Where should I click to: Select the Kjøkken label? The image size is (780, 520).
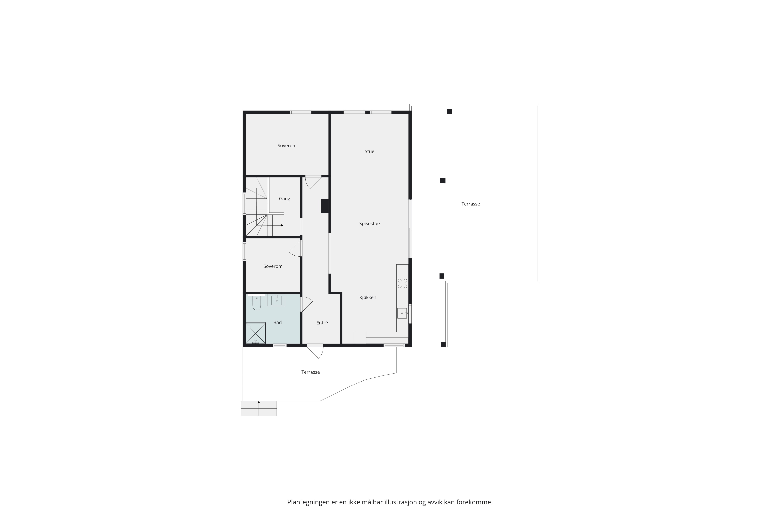click(368, 298)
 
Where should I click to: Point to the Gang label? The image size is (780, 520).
click(285, 199)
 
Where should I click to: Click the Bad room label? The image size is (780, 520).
click(277, 322)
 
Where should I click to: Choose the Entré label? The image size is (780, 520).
click(322, 323)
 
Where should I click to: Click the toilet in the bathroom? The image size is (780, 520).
click(257, 303)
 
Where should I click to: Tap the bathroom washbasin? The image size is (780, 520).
click(276, 300)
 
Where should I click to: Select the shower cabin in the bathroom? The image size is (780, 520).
click(256, 333)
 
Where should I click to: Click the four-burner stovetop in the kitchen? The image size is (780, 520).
click(402, 283)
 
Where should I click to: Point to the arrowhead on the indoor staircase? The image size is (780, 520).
click(282, 226)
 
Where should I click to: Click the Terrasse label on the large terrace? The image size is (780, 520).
click(471, 204)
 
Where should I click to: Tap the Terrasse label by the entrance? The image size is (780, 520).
click(310, 372)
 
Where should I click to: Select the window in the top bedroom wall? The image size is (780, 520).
click(301, 112)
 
